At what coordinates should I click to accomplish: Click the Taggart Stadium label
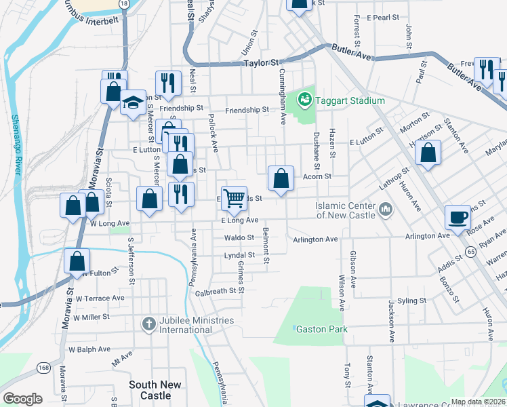tap(349, 101)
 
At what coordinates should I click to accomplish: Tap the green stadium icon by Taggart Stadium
tap(305, 101)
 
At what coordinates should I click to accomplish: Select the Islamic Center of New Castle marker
tap(386, 208)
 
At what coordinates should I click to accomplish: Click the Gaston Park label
tap(321, 330)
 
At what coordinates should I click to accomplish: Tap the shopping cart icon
tap(234, 198)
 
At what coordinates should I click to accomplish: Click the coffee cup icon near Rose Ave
tap(458, 218)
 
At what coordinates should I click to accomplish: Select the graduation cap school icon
tap(134, 103)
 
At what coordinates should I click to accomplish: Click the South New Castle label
tap(155, 389)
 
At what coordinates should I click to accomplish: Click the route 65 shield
tap(470, 251)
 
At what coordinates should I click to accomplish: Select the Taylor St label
tap(262, 62)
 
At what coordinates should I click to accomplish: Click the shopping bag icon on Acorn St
tap(281, 178)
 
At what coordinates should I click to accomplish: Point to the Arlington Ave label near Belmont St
tap(315, 239)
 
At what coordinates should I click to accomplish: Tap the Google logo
tap(23, 399)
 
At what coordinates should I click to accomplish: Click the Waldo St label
tap(239, 238)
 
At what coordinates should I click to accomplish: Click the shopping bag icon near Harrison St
tap(428, 153)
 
